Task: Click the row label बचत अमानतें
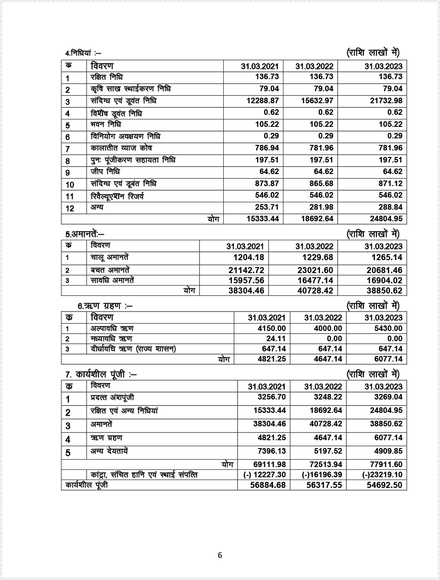pos(110,270)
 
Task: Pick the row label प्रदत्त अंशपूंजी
pos(113,398)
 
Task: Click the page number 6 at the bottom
pos(220,555)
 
